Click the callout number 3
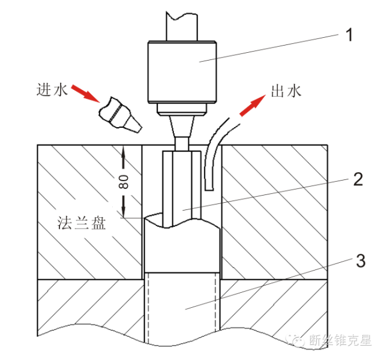(x=360, y=261)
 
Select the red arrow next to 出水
(x=252, y=106)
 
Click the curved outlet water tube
(x=211, y=153)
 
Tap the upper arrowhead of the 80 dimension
(x=124, y=155)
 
